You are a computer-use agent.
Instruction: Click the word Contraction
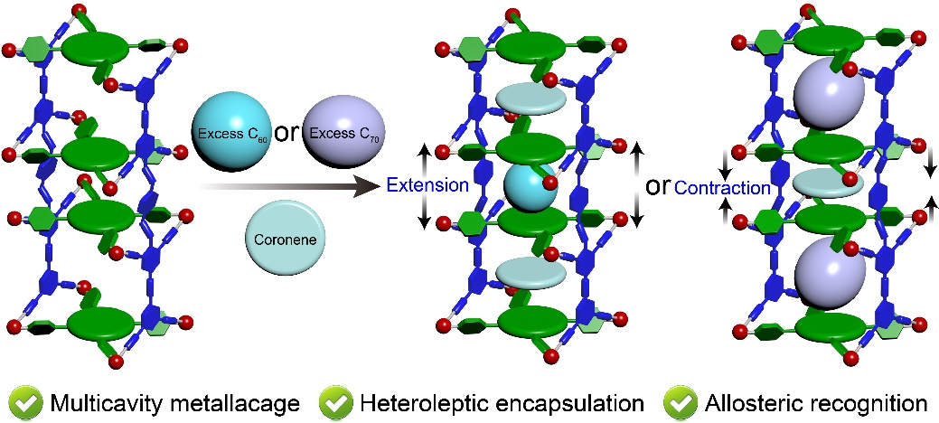[723, 187]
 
